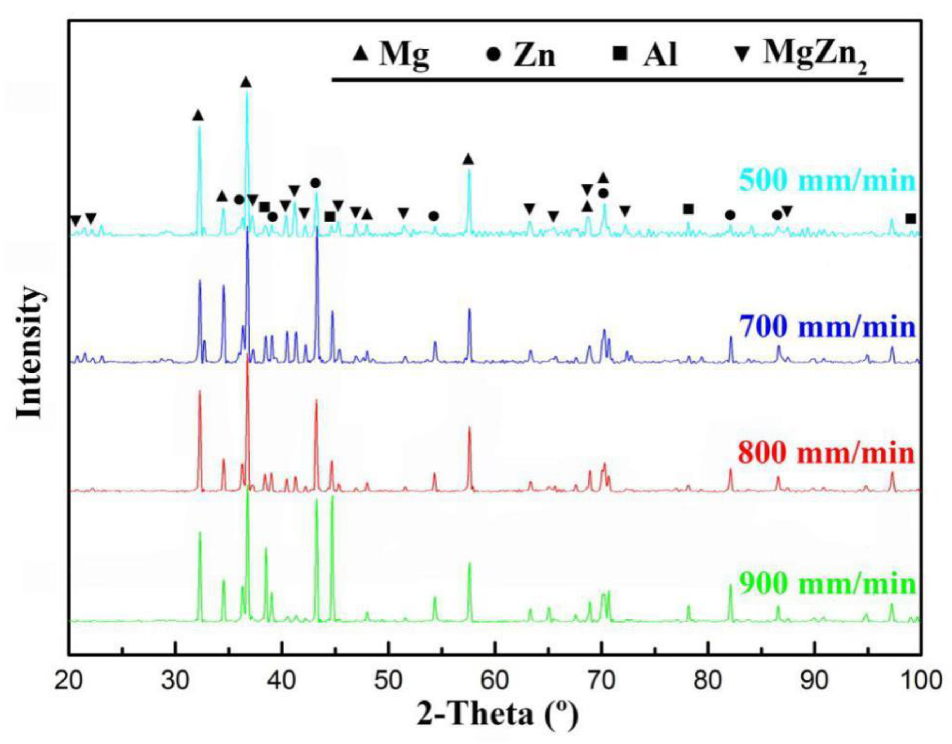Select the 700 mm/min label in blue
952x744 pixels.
(827, 327)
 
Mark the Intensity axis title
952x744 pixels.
(30, 353)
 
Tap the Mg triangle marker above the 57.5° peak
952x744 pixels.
(468, 160)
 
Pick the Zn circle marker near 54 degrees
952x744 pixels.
(433, 216)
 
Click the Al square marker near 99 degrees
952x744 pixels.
(910, 219)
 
